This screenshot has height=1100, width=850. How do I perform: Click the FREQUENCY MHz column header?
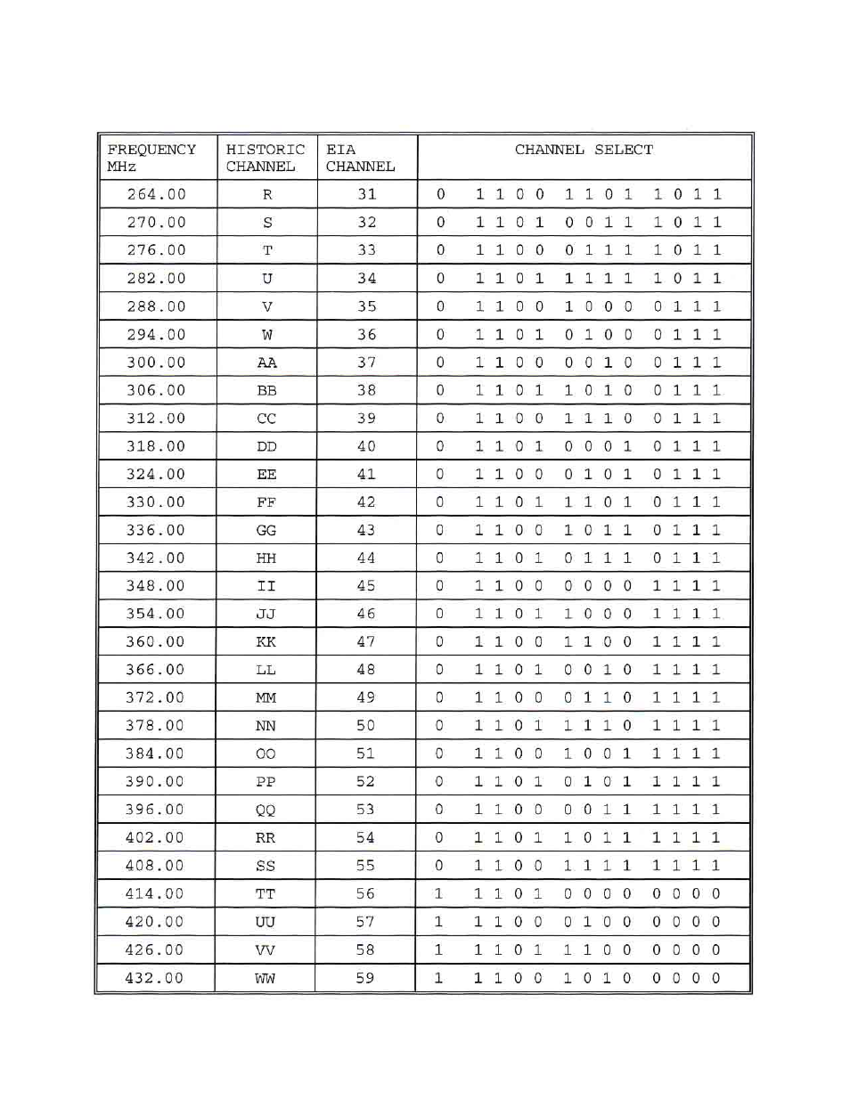(151, 158)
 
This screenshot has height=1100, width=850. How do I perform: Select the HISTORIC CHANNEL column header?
(265, 158)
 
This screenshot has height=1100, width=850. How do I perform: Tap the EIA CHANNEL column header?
(360, 158)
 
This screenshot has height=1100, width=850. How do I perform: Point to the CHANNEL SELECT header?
(584, 150)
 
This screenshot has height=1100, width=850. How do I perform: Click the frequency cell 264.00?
(157, 194)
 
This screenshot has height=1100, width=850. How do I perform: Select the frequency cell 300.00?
(157, 363)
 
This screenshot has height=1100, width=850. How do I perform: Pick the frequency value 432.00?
(154, 978)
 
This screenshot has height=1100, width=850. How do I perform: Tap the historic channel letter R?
(267, 195)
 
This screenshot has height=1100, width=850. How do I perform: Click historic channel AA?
(266, 363)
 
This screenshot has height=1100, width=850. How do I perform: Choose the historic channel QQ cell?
(266, 811)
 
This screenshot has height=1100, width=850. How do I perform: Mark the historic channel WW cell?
(266, 979)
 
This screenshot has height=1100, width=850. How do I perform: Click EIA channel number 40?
(366, 446)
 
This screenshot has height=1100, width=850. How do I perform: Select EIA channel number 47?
(366, 642)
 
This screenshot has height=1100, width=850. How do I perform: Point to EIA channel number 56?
(365, 894)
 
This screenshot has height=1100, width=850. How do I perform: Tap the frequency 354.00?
(156, 614)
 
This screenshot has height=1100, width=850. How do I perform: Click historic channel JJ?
(266, 615)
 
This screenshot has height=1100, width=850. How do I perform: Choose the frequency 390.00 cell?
(155, 782)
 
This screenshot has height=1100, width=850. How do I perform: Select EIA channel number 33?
(367, 250)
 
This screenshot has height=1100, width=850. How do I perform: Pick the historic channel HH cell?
(266, 558)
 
